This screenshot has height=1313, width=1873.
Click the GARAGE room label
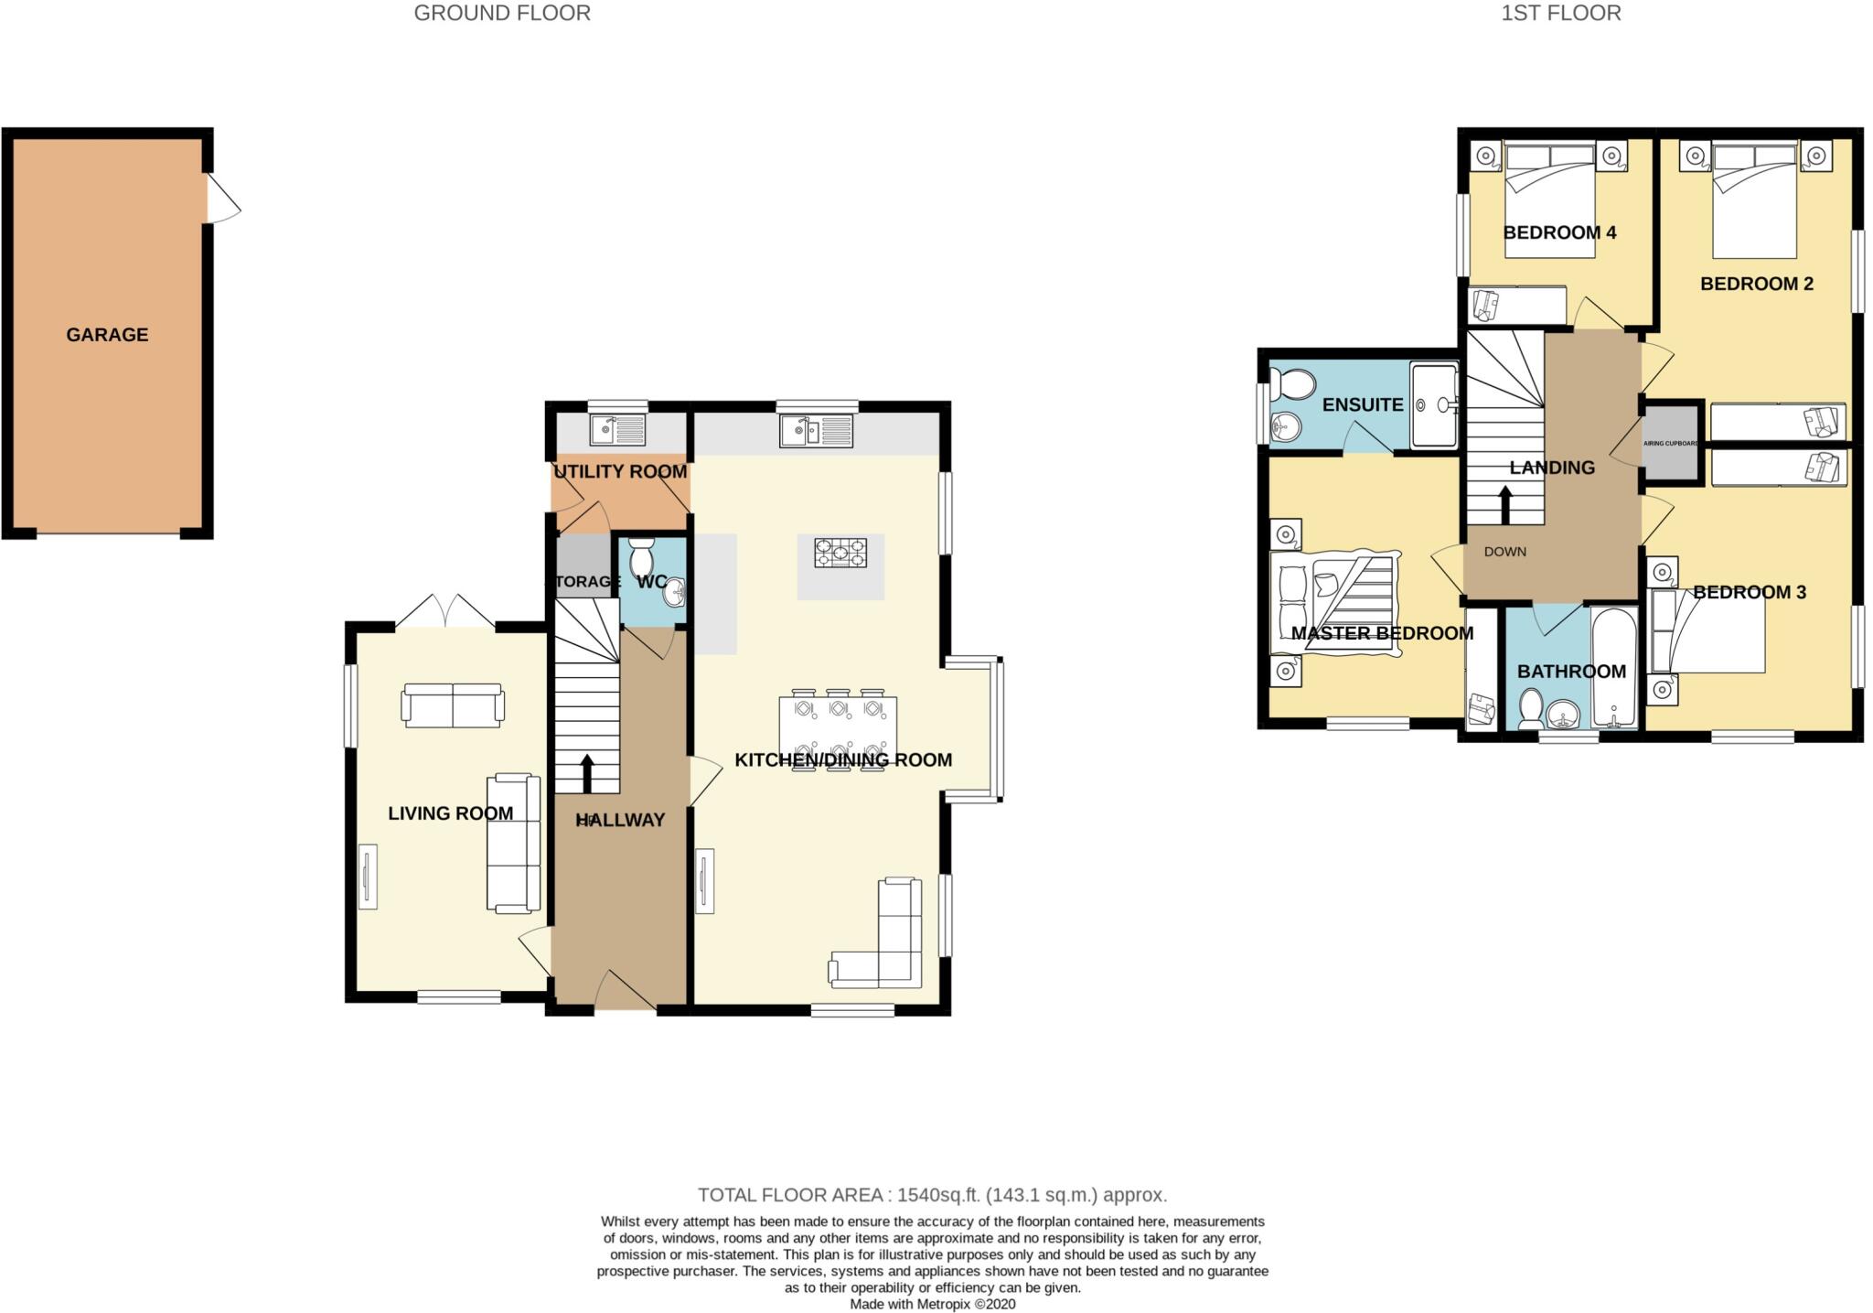tap(107, 335)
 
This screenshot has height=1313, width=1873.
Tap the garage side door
tap(221, 199)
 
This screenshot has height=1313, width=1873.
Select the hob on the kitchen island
tap(840, 553)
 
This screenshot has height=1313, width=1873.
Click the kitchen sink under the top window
tap(817, 431)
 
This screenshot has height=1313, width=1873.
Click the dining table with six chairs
tap(838, 733)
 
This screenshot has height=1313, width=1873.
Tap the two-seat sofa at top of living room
tap(453, 705)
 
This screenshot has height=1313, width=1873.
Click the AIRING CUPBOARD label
tap(1671, 444)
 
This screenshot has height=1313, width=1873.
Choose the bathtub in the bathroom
tap(1614, 668)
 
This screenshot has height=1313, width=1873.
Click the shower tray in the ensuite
tap(1433, 404)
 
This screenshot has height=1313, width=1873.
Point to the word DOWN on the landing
tap(1504, 552)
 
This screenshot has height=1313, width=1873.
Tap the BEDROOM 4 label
tap(1559, 232)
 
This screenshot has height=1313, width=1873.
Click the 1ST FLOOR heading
tap(1561, 13)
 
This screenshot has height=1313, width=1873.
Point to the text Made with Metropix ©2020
tap(932, 1304)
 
